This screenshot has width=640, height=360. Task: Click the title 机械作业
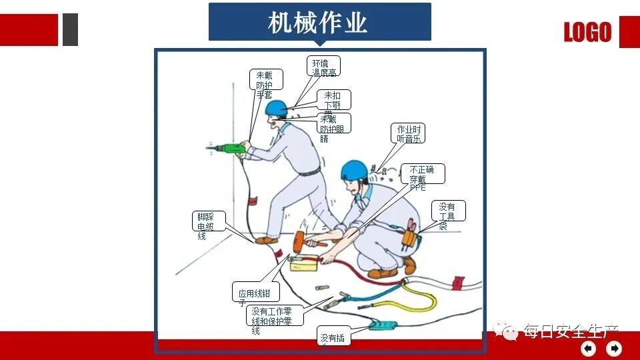(x=319, y=23)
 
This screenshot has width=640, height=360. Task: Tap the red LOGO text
(x=587, y=32)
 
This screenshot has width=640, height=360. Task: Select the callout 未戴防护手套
(x=266, y=84)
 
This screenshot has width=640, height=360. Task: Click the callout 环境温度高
(x=324, y=66)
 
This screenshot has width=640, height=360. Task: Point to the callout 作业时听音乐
(x=407, y=133)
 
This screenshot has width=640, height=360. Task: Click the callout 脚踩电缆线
(x=207, y=225)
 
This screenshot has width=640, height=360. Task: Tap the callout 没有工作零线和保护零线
(x=274, y=316)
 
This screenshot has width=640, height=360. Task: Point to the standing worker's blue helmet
(x=275, y=107)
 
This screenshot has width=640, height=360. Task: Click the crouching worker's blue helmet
(x=354, y=171)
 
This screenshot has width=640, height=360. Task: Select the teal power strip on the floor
(x=383, y=326)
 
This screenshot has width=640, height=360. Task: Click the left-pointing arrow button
(x=588, y=348)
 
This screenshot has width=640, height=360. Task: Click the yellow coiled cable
(x=417, y=300)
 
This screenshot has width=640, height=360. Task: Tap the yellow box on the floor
(x=304, y=264)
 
